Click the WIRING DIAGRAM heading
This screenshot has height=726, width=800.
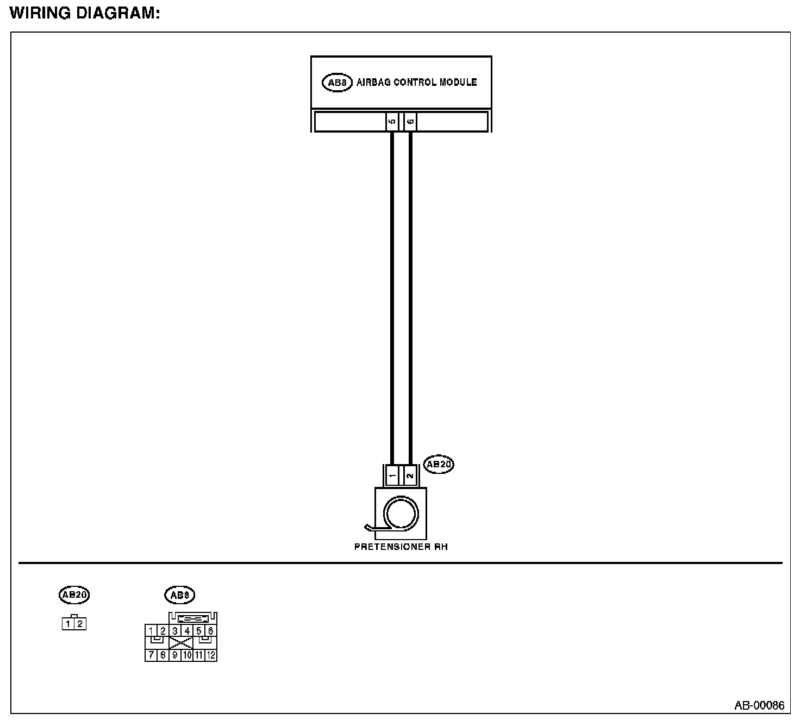(x=85, y=14)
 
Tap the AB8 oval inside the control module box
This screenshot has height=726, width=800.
(x=337, y=83)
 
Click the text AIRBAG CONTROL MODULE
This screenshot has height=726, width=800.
(x=416, y=83)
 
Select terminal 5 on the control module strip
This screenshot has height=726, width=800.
(x=392, y=122)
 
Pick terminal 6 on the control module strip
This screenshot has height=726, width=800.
(x=410, y=122)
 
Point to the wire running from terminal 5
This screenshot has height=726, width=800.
(x=392, y=293)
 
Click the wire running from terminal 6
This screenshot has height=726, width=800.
(x=410, y=293)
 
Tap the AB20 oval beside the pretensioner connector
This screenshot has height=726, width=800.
(x=439, y=464)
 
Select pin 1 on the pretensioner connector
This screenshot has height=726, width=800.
(x=392, y=475)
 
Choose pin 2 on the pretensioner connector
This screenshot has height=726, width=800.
(x=410, y=475)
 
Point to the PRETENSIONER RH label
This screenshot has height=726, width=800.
(x=401, y=547)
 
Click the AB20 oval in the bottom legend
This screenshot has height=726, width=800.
(x=74, y=595)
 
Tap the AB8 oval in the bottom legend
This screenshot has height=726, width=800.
(x=179, y=595)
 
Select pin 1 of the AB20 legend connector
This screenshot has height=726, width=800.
(x=68, y=624)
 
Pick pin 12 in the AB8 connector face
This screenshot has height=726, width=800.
(x=211, y=655)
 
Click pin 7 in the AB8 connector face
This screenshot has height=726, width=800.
(x=151, y=655)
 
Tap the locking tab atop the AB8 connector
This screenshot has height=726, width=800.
(x=193, y=618)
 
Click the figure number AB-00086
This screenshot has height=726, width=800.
(x=759, y=705)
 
